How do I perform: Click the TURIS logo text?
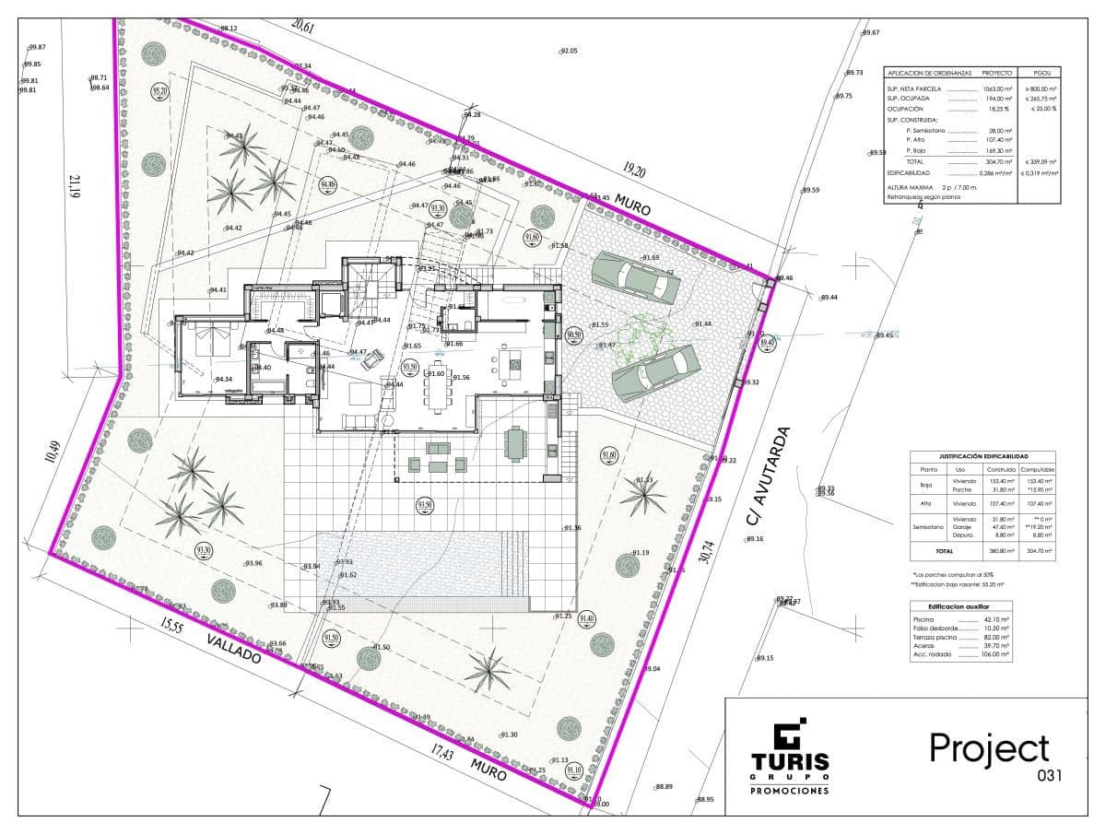(789, 762)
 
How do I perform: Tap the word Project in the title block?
(988, 747)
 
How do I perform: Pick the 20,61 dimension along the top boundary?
(302, 28)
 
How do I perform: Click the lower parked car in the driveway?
(655, 371)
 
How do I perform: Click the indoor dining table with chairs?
(437, 388)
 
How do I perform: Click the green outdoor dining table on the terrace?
(516, 442)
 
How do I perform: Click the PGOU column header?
(1041, 72)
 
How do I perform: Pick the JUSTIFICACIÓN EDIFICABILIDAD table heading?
(983, 456)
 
